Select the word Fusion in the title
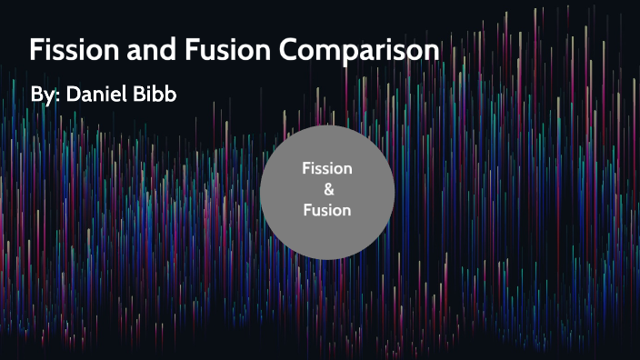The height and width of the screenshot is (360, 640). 218,50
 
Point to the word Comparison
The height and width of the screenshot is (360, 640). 359,52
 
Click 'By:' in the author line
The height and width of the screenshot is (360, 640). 45,95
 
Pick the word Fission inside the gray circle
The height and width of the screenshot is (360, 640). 327,169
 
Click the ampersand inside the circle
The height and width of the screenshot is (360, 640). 327,190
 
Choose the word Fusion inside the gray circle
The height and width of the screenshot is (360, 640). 327,210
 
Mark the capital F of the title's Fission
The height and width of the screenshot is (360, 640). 37,50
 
